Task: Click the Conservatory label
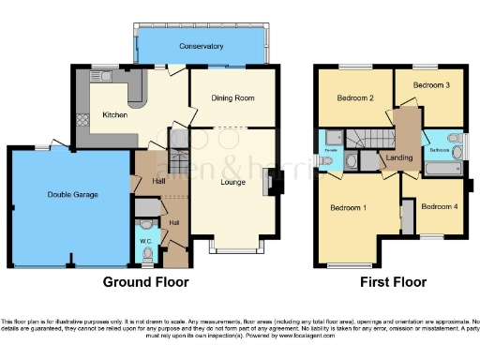[x=202, y=45]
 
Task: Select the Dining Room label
[x=232, y=97]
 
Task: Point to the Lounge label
[x=232, y=181]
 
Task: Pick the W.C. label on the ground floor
[x=146, y=241]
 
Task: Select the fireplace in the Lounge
[x=271, y=181]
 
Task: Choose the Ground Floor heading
[x=145, y=281]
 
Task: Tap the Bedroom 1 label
[x=348, y=207]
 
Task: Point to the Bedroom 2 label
[x=357, y=97]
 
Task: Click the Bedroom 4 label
[x=438, y=206]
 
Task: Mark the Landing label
[x=399, y=158]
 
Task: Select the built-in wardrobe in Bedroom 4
[x=407, y=217]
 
